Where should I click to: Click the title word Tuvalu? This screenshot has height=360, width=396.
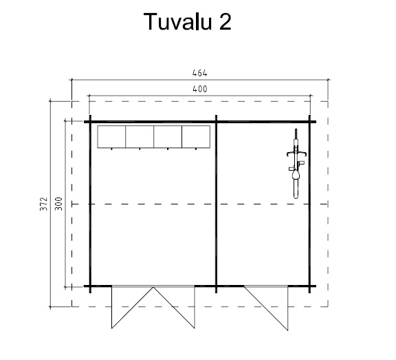pyautogui.click(x=177, y=21)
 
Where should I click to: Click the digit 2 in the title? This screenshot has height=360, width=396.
pyautogui.click(x=225, y=21)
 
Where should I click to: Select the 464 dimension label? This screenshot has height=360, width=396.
pyautogui.click(x=200, y=73)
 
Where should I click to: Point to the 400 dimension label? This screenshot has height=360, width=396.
pyautogui.click(x=200, y=89)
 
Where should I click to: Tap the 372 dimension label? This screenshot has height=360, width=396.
pyautogui.click(x=44, y=204)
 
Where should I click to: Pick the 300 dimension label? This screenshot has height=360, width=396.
pyautogui.click(x=58, y=204)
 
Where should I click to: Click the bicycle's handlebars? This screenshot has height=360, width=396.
pyautogui.click(x=296, y=153)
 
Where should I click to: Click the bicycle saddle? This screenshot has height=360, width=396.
pyautogui.click(x=296, y=174)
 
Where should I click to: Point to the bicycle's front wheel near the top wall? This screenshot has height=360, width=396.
pyautogui.click(x=296, y=138)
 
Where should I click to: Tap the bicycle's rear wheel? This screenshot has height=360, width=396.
pyautogui.click(x=296, y=189)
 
